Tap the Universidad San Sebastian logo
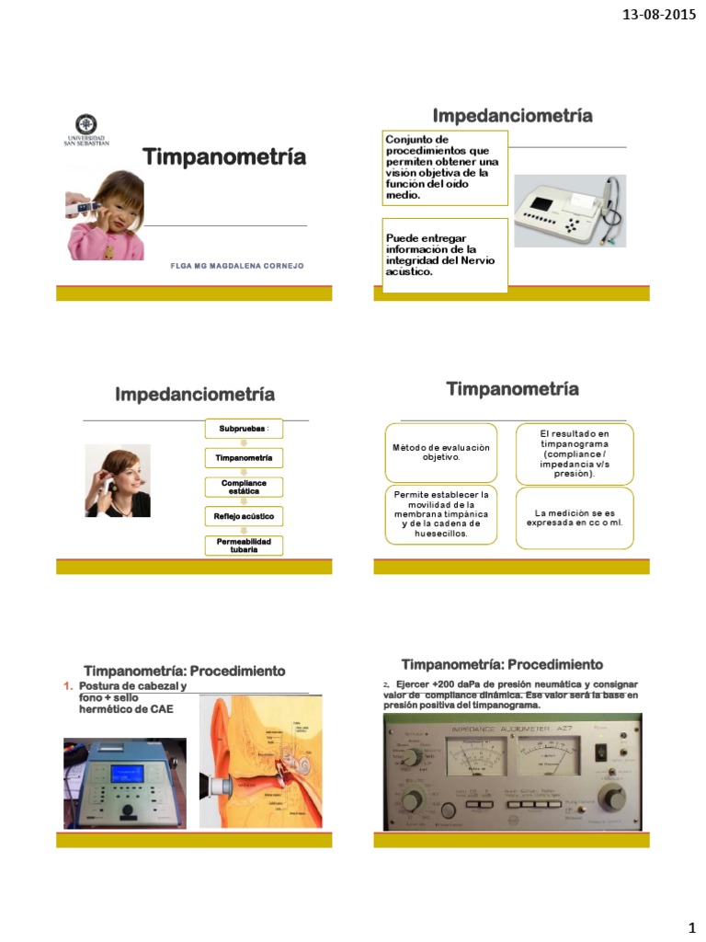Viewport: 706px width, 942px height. point(85,128)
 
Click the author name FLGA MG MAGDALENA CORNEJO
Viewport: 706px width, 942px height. point(237,265)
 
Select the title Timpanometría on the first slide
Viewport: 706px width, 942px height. point(223,157)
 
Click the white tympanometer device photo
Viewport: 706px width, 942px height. point(569,211)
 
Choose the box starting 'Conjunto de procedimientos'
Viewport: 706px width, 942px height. point(444,167)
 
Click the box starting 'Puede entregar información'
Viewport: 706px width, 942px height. point(444,255)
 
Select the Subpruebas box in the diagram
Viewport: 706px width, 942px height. point(244,429)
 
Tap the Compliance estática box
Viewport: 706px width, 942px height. point(244,487)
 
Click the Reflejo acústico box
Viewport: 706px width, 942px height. point(244,516)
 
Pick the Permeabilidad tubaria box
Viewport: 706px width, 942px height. point(244,546)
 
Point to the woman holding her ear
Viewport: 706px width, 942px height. point(118,480)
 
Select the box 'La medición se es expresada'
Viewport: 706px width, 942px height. point(574,516)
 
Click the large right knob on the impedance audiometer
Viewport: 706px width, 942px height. point(609,795)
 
